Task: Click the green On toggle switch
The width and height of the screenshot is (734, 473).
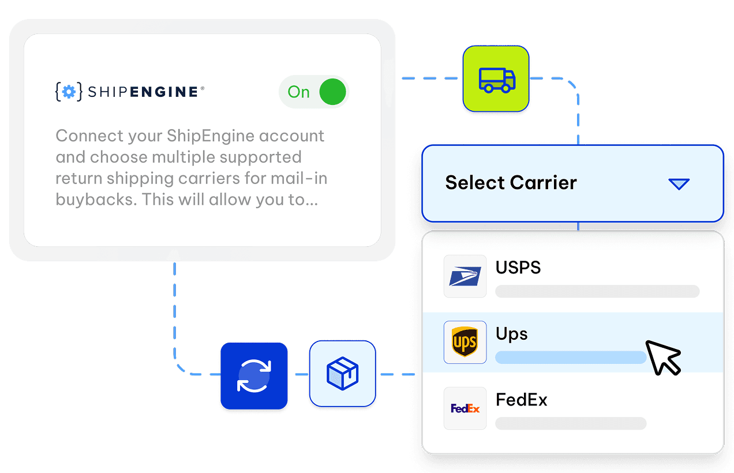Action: coord(332,92)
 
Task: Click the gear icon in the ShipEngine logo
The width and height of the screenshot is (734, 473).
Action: coord(69,92)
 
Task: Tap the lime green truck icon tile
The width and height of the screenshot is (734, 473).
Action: coord(496,79)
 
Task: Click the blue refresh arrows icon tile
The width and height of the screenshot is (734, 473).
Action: coord(254,376)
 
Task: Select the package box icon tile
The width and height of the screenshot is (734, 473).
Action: coord(342,374)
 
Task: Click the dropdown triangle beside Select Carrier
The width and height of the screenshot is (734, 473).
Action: coord(679,184)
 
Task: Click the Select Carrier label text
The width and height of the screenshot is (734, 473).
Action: coord(511,183)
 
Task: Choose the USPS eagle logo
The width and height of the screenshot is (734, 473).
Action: coord(465,277)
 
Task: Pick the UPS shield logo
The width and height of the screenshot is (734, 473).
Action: coord(465,343)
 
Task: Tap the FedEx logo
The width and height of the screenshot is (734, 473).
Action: coord(465,408)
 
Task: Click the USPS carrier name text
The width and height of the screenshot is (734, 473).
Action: coord(518,268)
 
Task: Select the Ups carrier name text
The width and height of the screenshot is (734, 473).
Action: coord(512,334)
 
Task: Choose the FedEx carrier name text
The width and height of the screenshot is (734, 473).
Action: coord(522,400)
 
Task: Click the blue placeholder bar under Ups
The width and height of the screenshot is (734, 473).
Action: coord(571,358)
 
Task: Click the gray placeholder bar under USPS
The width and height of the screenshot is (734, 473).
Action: coord(597,291)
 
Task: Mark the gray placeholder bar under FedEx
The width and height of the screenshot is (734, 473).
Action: coord(571,423)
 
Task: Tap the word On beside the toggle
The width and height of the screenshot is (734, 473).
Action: coord(299,92)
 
